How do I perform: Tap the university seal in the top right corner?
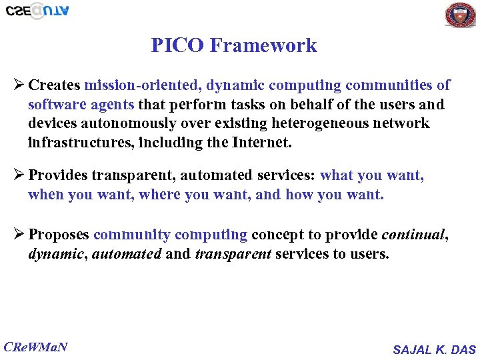point(460,15)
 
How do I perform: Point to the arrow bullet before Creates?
point(19,85)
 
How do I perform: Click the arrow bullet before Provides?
point(19,175)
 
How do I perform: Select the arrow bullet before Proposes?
point(19,235)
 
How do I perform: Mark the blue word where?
point(159,195)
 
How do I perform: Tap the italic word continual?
point(414,235)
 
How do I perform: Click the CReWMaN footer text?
point(36,347)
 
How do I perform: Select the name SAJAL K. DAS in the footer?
point(434,349)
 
